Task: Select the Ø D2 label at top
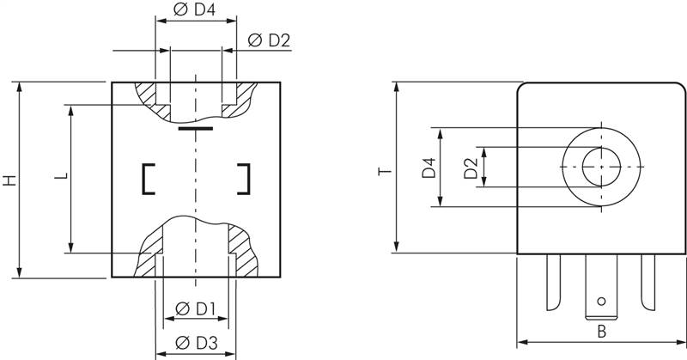[269, 40]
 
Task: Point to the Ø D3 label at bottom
[195, 344]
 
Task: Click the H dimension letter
[8, 181]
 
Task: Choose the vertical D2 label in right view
[470, 168]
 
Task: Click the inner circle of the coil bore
[601, 165]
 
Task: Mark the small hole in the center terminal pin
[601, 301]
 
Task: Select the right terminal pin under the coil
[647, 284]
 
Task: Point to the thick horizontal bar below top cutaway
[196, 130]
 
